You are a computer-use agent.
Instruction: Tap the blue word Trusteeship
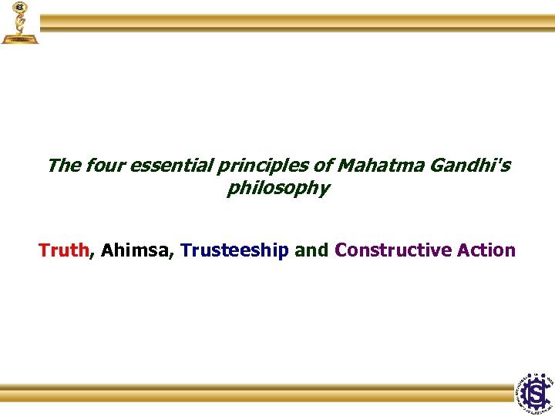pos(234,250)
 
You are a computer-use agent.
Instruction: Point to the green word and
pos(311,250)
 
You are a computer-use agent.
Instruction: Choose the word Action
pos(486,250)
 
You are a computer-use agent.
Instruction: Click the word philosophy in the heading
pos(277,189)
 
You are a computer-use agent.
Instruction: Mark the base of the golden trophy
pos(18,38)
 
